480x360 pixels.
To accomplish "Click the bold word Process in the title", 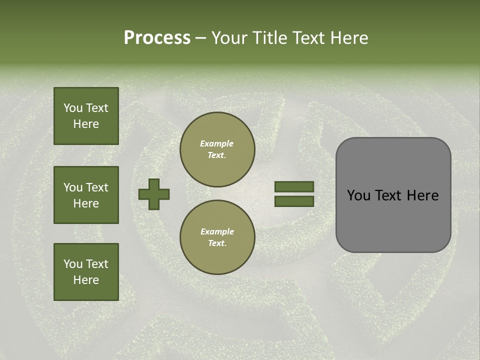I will point(157,38).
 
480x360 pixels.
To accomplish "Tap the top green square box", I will point(86,116).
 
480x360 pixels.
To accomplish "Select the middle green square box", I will point(86,195).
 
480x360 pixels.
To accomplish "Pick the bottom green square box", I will point(86,272).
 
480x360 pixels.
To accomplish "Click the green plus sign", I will point(154,194).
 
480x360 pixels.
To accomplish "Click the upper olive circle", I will point(217,149).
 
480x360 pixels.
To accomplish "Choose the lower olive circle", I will point(217,237).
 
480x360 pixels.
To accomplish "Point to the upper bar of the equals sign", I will point(294,187).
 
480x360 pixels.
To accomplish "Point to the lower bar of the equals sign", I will point(294,201).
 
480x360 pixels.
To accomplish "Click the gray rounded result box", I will point(393,195).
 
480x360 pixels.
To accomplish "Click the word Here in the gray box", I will point(422,195).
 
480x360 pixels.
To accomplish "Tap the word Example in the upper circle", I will point(217,143).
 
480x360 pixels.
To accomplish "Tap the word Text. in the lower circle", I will point(217,243).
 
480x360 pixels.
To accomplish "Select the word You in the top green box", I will point(73,108).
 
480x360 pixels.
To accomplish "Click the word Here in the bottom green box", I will point(86,280).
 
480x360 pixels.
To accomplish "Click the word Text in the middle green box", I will point(97,187).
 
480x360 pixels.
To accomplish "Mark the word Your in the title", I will point(228,38).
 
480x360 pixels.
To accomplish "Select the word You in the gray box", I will point(358,195).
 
